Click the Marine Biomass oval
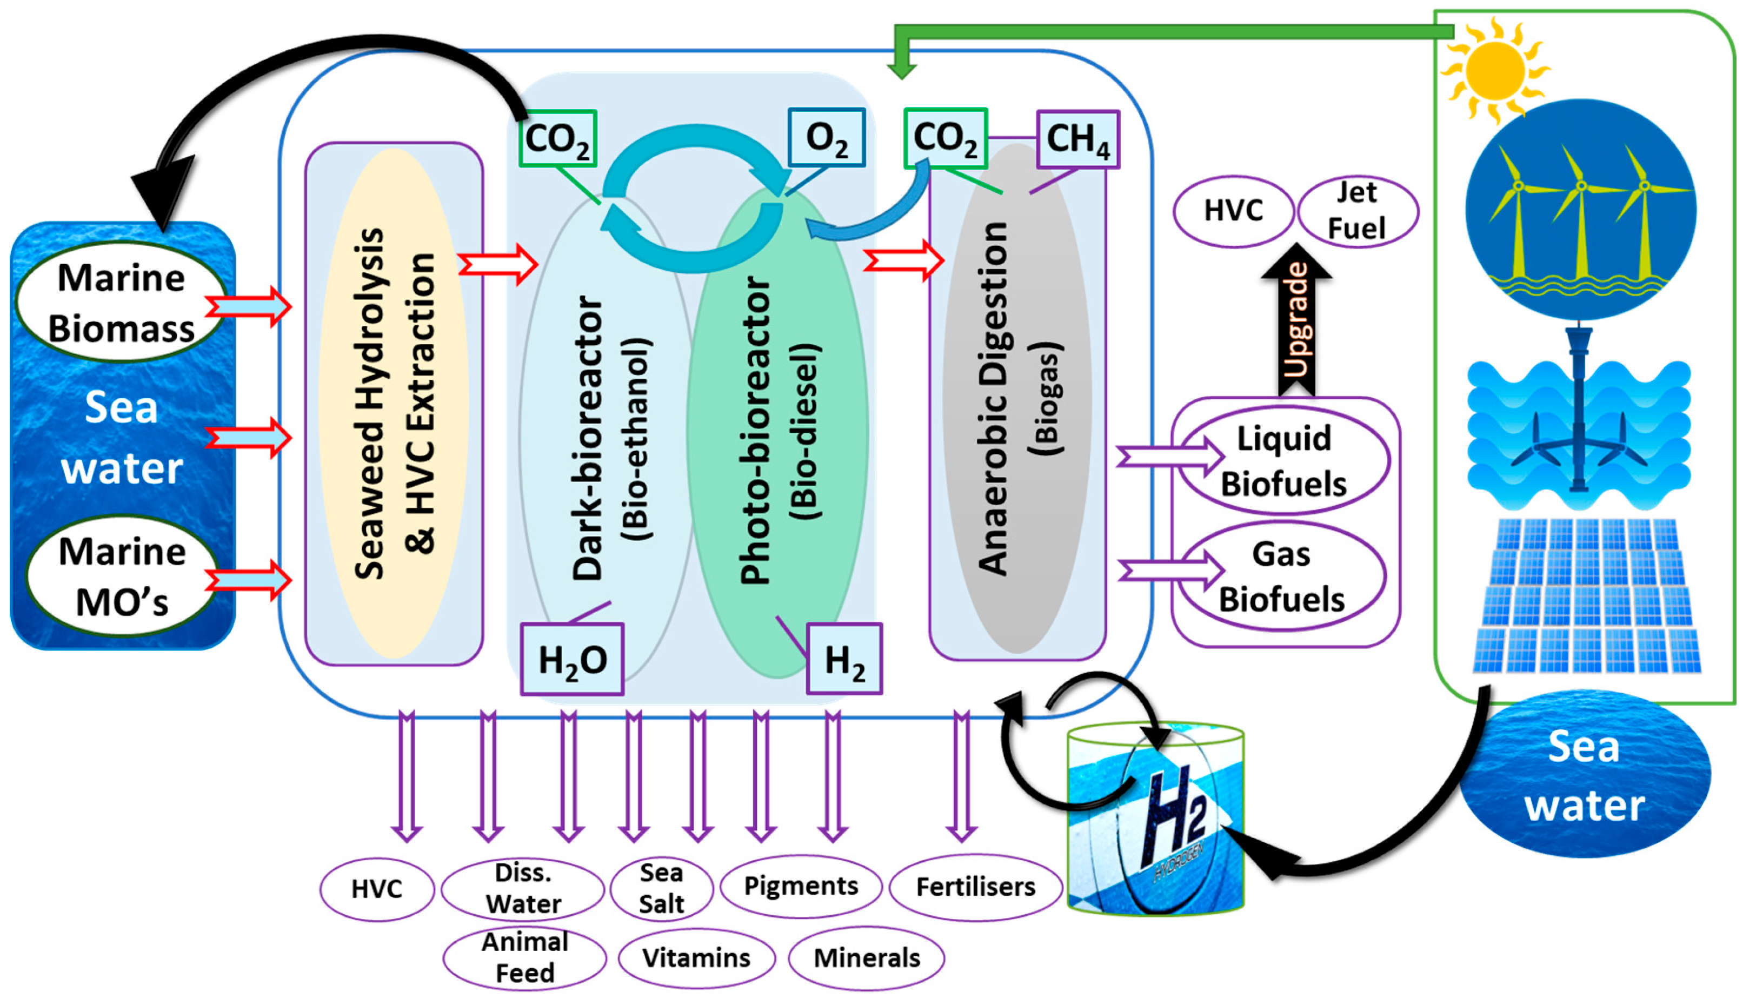[121, 303]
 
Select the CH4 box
[1077, 139]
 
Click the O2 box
[826, 138]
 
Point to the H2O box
[572, 659]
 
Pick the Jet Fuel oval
[1357, 211]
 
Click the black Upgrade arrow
[1296, 323]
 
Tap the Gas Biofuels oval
[1281, 576]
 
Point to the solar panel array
[1586, 595]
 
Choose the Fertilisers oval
[975, 887]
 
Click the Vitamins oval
[696, 958]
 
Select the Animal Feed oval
[524, 958]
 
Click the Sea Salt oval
[661, 889]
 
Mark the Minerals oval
[866, 958]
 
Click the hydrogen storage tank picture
[1156, 820]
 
